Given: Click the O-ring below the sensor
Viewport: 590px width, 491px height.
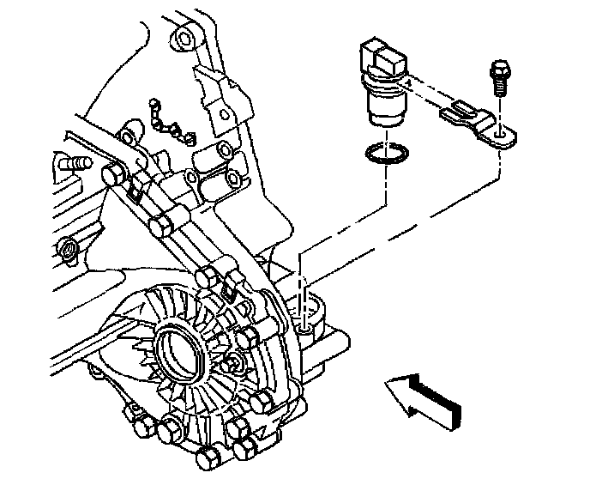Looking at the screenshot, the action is click(382, 153).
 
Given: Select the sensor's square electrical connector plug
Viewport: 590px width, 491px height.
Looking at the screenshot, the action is click(382, 52).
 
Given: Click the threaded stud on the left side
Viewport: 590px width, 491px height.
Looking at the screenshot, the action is click(75, 161).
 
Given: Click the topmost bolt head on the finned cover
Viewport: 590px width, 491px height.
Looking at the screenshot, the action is click(207, 277).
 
